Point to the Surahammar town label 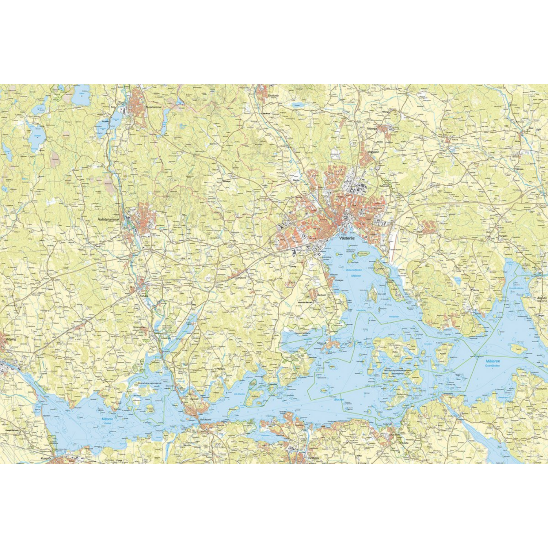tap(153, 107)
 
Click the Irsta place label tap(419, 231)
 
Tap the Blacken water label tap(339, 399)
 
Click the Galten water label tap(107, 423)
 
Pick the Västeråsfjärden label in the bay tap(353, 270)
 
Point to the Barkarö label tap(321, 294)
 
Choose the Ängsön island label tap(542, 298)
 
